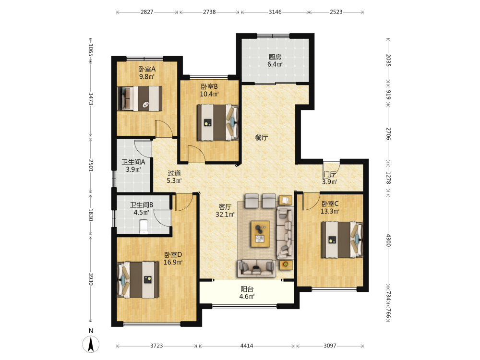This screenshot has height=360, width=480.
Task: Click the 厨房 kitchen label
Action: click(275, 57)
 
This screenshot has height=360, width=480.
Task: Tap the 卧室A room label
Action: click(147, 69)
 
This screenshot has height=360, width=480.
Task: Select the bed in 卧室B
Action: click(217, 122)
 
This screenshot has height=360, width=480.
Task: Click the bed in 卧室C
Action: click(342, 240)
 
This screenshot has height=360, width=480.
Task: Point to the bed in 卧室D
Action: click(138, 279)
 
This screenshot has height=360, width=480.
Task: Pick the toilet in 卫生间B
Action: click(144, 227)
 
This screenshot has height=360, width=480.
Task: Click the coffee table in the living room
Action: click(260, 234)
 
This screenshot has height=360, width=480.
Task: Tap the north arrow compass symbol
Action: click(91, 344)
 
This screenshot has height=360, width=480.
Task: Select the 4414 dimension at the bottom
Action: click(247, 346)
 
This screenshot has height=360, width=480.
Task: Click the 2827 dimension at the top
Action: click(147, 12)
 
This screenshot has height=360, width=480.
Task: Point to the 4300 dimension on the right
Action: click(388, 240)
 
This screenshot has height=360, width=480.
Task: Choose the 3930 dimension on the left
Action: click(91, 279)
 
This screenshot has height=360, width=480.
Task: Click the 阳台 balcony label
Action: click(247, 289)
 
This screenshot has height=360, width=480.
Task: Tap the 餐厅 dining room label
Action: click(262, 137)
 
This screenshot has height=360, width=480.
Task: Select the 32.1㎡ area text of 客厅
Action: click(225, 214)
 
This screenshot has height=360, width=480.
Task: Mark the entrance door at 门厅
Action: click(331, 168)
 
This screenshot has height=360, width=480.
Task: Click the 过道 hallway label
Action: click(174, 173)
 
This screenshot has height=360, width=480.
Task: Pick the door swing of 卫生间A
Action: click(143, 149)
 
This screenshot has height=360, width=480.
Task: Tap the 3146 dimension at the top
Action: click(275, 12)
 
